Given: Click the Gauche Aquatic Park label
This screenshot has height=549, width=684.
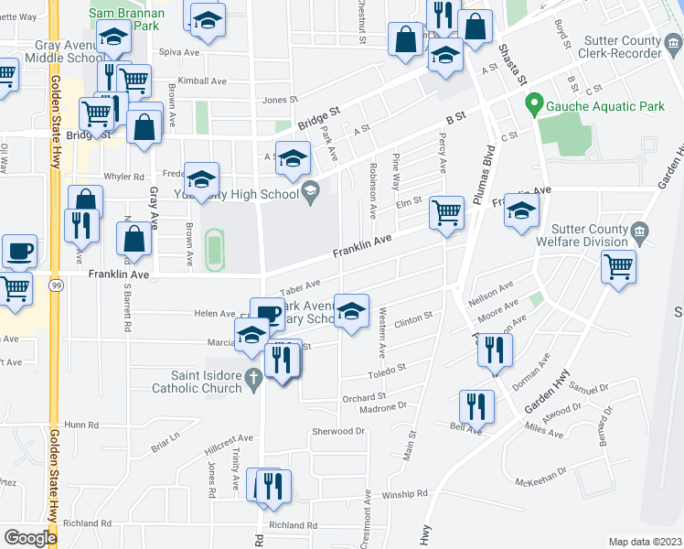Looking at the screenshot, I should point(605,107).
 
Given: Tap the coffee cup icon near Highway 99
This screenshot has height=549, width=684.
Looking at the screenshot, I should point(19,251).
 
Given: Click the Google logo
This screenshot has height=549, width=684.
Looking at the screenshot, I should point(30,538).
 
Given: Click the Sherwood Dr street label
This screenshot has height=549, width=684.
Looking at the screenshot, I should point(338,431).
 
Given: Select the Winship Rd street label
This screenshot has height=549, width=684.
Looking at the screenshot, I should point(404,494).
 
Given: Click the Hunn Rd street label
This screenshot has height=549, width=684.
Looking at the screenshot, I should point(80,425).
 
